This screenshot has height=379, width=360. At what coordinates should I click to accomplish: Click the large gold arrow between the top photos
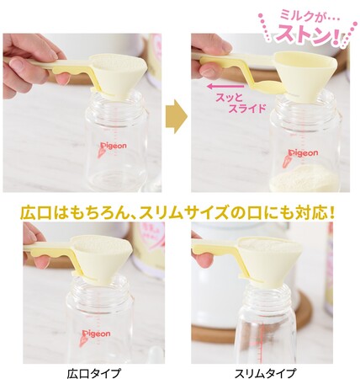point(177,116)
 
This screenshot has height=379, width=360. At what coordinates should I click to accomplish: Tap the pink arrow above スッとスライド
point(226,86)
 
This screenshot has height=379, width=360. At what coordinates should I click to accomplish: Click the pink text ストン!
point(308,35)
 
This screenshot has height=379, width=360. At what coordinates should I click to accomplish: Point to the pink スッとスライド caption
point(240,103)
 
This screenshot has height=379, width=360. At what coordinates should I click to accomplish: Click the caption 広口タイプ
point(94,372)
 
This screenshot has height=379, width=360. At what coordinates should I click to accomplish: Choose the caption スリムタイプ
point(264,372)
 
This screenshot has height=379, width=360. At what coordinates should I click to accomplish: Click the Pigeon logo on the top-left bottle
point(114,146)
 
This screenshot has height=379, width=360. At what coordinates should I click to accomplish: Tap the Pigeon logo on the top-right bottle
point(303,153)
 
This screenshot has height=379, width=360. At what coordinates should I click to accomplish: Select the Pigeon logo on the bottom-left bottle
point(96,334)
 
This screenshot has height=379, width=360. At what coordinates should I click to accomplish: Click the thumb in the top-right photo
point(209,69)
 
